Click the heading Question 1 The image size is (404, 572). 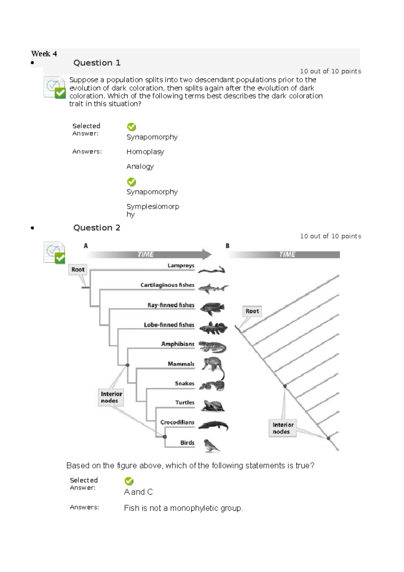[x=97, y=63]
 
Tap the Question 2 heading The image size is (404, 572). [x=97, y=228]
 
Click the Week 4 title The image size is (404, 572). [x=44, y=54]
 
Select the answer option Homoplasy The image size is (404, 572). [x=145, y=152]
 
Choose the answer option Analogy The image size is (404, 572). [x=140, y=166]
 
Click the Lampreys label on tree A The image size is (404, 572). [x=181, y=265]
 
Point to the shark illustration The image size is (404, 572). [x=213, y=288]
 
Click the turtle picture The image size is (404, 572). [x=212, y=406]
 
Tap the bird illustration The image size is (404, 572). [x=211, y=446]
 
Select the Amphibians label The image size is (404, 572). [x=178, y=344]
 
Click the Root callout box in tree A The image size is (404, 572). [x=78, y=269]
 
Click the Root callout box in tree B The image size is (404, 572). [x=252, y=311]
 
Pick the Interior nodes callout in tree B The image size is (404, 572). [x=282, y=428]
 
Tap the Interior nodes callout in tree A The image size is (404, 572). [x=111, y=398]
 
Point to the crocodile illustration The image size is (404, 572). [x=213, y=426]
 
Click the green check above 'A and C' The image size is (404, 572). [x=129, y=481]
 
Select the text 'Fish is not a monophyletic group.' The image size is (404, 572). [x=183, y=508]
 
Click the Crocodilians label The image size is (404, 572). [x=177, y=423]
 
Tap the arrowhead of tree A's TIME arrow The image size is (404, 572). [x=207, y=254]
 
